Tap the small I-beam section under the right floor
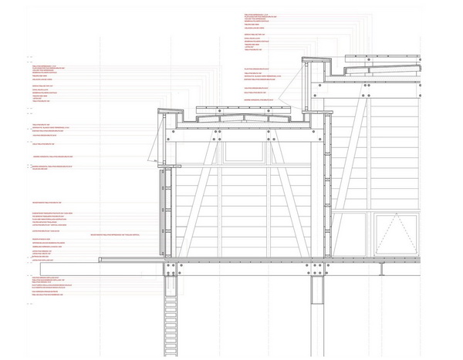(383, 269)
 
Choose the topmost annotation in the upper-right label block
(255, 14)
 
